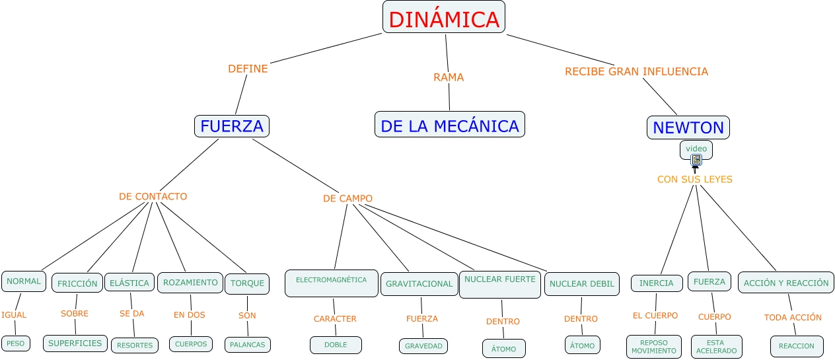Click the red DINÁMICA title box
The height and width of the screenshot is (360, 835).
pos(444,17)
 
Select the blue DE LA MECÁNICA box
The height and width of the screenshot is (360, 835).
pos(450,124)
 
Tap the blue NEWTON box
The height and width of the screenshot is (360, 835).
pos(688,127)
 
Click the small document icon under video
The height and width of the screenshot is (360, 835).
pos(696,160)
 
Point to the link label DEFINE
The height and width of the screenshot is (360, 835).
pos(248,69)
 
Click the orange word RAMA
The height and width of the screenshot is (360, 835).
pos(449,77)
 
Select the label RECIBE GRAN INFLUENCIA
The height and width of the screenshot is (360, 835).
pos(636,71)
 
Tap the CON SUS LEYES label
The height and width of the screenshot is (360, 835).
pos(695,180)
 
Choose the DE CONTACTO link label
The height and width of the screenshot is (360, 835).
pos(153,196)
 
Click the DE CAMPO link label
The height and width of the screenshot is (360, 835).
pos(347,199)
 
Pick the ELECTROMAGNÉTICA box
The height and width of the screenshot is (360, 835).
pos(332,283)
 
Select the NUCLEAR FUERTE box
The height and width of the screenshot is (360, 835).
pos(500,284)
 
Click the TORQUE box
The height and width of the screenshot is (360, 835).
pos(247,283)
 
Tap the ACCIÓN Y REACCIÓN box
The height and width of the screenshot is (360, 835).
pos(786,283)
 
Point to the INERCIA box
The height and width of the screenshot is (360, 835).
pos(657,283)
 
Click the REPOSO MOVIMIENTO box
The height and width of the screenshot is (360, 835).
pos(654,347)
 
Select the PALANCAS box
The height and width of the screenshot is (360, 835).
pos(248,345)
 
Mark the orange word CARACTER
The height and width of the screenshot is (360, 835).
pos(335,319)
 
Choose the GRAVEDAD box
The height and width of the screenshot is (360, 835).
pos(423,346)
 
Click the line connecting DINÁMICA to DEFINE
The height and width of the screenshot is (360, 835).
pos(326,48)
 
